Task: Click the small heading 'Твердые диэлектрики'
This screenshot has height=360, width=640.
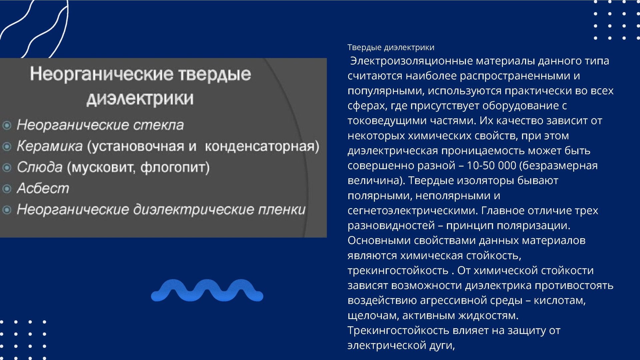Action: [391, 47]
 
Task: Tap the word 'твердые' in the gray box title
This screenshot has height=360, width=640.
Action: [215, 74]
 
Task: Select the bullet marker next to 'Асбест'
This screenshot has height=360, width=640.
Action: [7, 189]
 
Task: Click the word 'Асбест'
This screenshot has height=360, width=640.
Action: [43, 188]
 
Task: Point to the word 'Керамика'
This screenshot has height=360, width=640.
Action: [50, 146]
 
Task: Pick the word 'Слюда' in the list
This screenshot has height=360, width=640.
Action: [40, 167]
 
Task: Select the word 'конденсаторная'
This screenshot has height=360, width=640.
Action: [260, 146]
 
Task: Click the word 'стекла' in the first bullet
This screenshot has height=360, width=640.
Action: [159, 125]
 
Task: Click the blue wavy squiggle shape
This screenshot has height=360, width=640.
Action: [207, 290]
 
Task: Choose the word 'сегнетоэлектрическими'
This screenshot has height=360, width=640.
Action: [413, 211]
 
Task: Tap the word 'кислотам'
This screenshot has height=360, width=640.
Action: [560, 300]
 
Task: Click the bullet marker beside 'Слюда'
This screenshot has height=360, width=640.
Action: [7, 168]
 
